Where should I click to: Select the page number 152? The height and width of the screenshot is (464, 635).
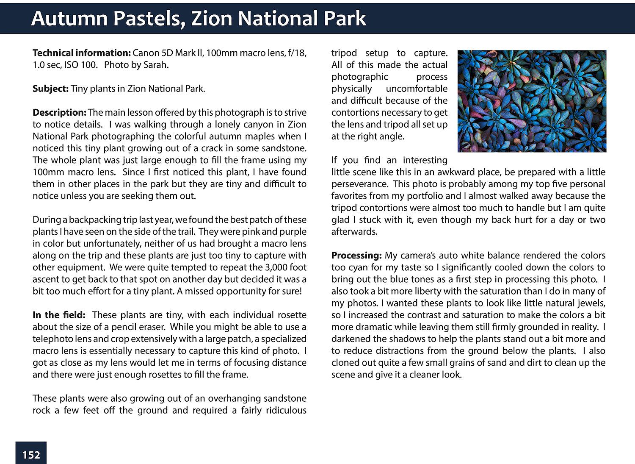pos(31,455)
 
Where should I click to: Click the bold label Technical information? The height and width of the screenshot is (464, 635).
pos(82,53)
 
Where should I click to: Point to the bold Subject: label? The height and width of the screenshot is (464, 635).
pos(50,89)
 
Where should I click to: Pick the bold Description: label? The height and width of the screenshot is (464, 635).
pos(59,112)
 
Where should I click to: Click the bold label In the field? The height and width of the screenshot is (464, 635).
pos(59,315)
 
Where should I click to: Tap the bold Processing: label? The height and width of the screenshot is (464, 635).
pos(356,256)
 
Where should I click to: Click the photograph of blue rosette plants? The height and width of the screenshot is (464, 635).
pos(532,101)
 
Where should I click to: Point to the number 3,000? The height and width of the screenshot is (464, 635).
pos(276,267)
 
